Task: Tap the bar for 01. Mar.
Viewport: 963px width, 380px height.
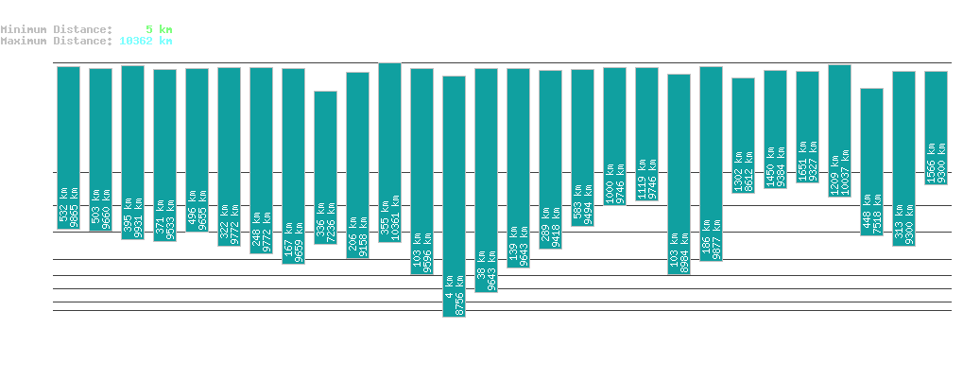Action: coord(871,162)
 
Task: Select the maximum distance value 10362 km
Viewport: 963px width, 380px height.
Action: coord(146,41)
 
